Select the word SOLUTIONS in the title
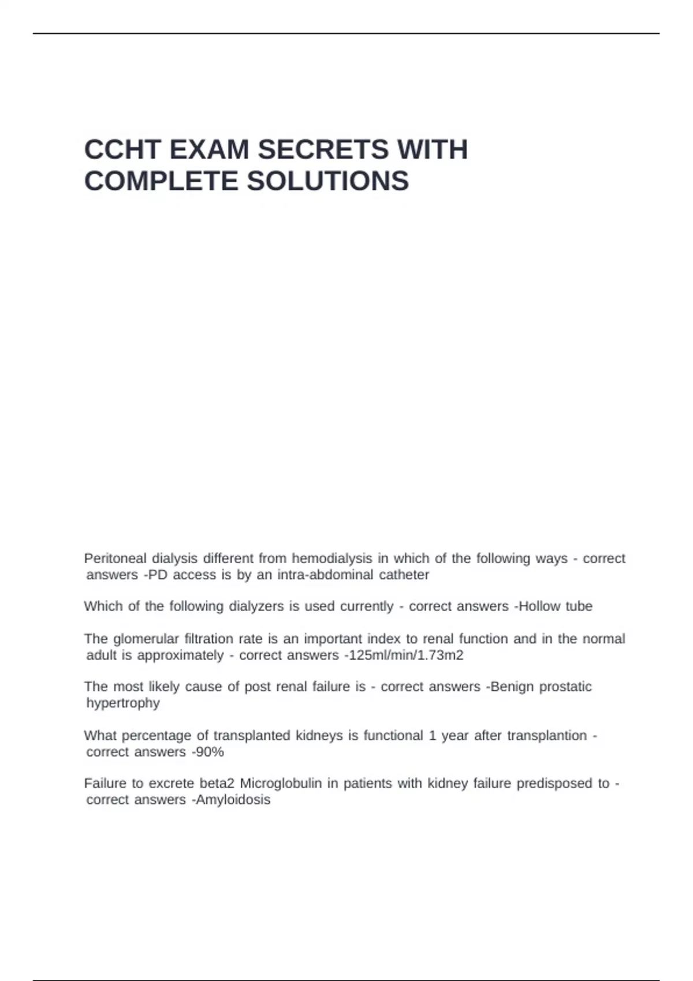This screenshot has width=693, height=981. (327, 181)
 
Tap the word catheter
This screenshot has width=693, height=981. (404, 575)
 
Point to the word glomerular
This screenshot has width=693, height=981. (146, 639)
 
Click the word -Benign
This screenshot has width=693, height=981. (510, 687)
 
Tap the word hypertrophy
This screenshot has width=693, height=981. (123, 703)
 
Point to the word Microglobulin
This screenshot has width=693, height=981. (280, 784)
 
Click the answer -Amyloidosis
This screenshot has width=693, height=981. (230, 800)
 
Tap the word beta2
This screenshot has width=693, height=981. (217, 784)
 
